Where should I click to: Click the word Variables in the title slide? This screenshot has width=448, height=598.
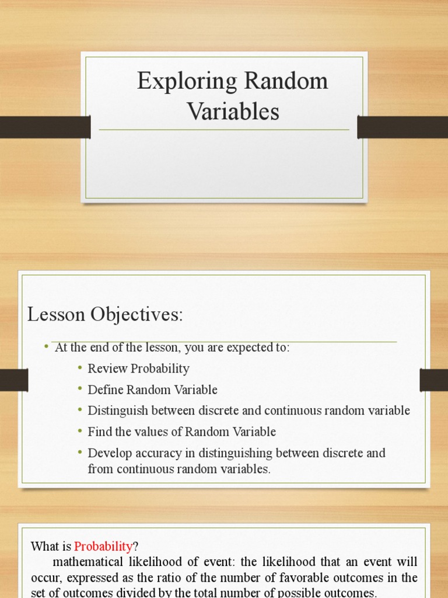pyautogui.click(x=233, y=112)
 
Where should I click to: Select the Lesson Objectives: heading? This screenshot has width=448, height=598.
pyautogui.click(x=105, y=315)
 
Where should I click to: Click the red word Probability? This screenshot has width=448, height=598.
pyautogui.click(x=103, y=547)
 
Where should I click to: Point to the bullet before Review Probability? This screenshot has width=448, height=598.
pyautogui.click(x=79, y=368)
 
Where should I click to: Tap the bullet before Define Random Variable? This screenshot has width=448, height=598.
pyautogui.click(x=79, y=390)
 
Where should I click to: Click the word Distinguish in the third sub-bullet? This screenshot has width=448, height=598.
pyautogui.click(x=114, y=411)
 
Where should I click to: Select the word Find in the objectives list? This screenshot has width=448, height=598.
pyautogui.click(x=99, y=432)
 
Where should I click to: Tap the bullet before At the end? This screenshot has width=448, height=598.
pyautogui.click(x=46, y=347)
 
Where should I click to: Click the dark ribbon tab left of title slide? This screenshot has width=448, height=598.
pyautogui.click(x=45, y=127)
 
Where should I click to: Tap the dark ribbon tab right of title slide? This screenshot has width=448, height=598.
pyautogui.click(x=402, y=127)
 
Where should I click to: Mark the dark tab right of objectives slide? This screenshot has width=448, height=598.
pyautogui.click(x=433, y=380)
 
